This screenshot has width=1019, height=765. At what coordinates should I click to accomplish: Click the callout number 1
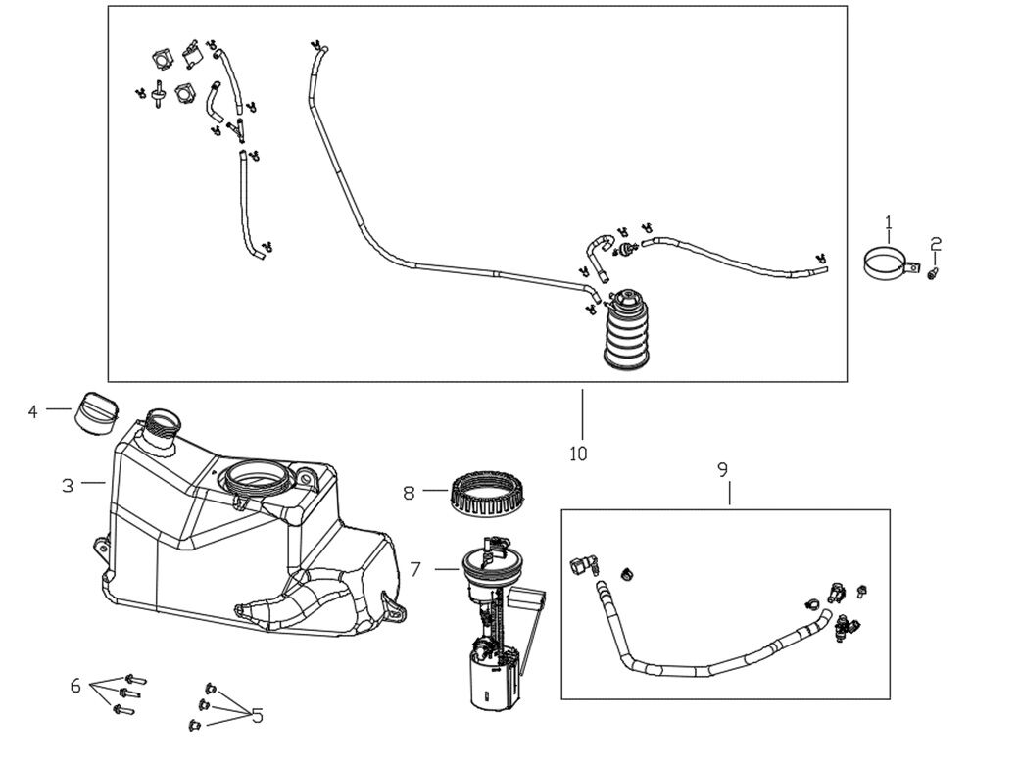point(889,221)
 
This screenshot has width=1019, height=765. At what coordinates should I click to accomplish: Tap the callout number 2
point(936,243)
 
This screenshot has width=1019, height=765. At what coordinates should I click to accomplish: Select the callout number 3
point(68,485)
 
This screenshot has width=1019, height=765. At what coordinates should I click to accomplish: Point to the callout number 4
point(32,411)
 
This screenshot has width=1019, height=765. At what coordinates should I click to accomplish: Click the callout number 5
point(258,716)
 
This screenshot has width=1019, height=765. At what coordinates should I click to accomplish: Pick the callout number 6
point(75,686)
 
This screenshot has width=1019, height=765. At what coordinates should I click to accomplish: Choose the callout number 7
point(415,568)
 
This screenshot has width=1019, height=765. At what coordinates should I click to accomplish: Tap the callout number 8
point(410,492)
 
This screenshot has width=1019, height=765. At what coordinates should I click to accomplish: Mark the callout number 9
point(723,470)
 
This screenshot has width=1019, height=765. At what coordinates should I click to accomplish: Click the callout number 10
point(578,454)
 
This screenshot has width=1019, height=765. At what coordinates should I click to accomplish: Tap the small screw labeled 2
point(934,276)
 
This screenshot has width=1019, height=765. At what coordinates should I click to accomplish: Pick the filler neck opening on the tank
point(162,425)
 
